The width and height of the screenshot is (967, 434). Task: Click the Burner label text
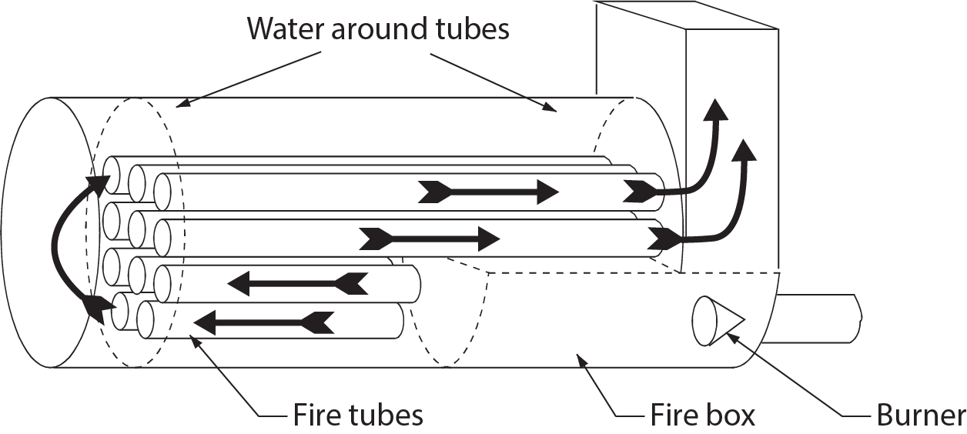click(921, 416)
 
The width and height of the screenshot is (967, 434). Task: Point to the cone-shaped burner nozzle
click(716, 320)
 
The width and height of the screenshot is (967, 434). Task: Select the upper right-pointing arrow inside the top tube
click(489, 192)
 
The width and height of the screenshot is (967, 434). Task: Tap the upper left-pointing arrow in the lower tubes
click(297, 284)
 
